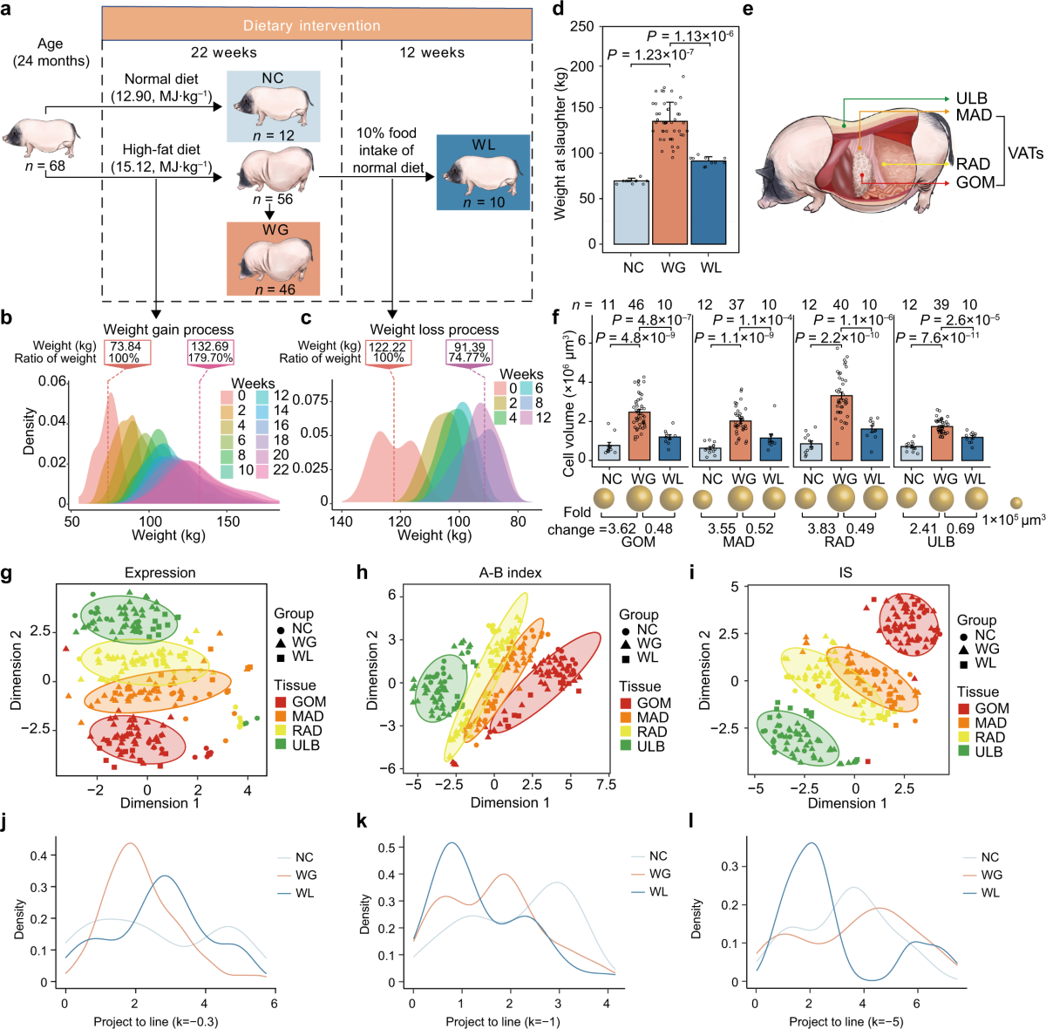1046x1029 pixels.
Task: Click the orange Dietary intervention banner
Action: pos(317,25)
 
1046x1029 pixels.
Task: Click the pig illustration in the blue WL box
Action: pos(483,174)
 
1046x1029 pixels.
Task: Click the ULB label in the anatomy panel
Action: pos(972,99)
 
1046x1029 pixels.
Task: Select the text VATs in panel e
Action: pos(1025,153)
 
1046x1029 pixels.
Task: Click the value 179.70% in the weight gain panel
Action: pos(209,358)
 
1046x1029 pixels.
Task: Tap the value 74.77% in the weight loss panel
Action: pos(469,358)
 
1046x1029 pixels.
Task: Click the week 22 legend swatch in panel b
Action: pos(261,470)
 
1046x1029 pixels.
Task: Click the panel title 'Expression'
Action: pos(160,573)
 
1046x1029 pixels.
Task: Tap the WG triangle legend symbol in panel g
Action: pos(279,643)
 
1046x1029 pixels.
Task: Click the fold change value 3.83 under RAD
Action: pos(822,528)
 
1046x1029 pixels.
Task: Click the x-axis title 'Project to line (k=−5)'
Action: pos(845,1021)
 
